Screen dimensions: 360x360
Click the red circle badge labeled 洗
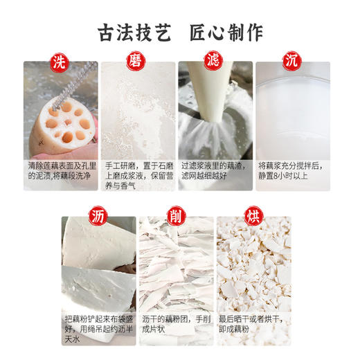(x=61, y=62)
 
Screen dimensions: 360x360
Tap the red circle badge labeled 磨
(x=138, y=62)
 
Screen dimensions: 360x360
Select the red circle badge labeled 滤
(x=215, y=62)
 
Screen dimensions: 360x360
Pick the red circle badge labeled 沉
(x=292, y=62)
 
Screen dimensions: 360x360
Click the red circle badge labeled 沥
(x=99, y=216)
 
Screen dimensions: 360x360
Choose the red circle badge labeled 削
(x=176, y=216)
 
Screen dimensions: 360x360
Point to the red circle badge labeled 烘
(x=253, y=216)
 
